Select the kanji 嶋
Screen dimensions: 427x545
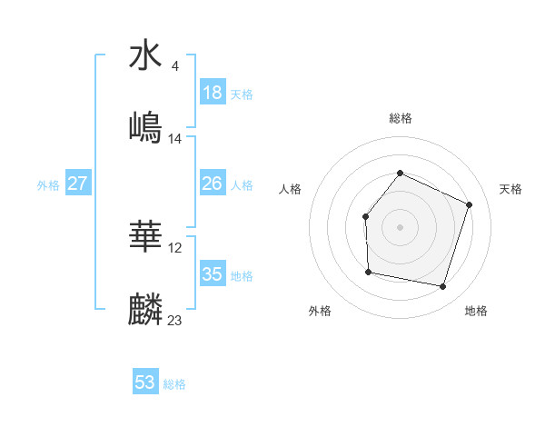[x=146, y=127]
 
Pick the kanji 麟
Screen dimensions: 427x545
[x=146, y=309]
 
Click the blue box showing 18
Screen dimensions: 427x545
[x=213, y=93]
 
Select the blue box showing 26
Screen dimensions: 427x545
[x=213, y=184]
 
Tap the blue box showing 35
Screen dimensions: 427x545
[x=213, y=274]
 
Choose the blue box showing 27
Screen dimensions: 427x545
[x=78, y=184]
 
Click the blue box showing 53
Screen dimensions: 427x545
[x=145, y=382]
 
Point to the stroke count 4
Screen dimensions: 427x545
[x=173, y=66]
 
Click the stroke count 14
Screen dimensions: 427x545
[x=175, y=139]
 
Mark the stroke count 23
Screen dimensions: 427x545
[x=175, y=320]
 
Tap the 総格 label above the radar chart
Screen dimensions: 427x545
[x=400, y=118]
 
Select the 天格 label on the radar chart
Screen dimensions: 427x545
[x=511, y=189]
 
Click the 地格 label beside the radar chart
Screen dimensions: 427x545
[x=476, y=312]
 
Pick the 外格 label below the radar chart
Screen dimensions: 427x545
[x=320, y=312]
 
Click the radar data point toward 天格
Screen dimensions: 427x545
[x=470, y=204]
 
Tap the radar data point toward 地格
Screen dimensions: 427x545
[x=442, y=287]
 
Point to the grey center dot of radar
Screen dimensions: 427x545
[x=400, y=226]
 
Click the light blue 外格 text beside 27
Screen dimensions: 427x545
[x=48, y=184]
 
